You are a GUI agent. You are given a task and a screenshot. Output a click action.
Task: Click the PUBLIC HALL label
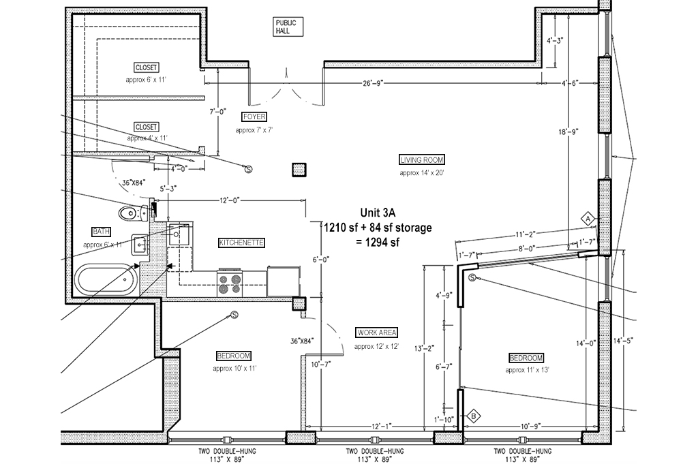click(x=285, y=27)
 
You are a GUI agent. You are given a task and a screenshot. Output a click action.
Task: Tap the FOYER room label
click(x=254, y=117)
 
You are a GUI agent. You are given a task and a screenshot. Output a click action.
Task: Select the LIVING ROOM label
click(x=422, y=160)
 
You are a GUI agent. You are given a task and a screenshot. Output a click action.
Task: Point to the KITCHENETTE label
click(x=241, y=243)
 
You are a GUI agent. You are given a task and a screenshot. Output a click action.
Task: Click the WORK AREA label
click(x=376, y=333)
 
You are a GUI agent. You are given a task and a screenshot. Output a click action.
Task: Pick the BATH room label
click(x=102, y=232)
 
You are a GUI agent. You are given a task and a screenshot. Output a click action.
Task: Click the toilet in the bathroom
click(x=132, y=213)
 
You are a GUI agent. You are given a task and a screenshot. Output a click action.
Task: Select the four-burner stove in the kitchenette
click(x=232, y=282)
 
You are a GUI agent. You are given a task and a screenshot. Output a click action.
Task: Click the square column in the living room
click(x=298, y=170)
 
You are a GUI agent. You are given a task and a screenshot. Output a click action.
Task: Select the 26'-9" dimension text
click(x=373, y=83)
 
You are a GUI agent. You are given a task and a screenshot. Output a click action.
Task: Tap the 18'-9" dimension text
click(x=568, y=133)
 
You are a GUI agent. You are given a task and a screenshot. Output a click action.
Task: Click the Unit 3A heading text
click(x=377, y=213)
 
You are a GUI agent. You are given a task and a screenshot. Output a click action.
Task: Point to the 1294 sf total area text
click(x=377, y=243)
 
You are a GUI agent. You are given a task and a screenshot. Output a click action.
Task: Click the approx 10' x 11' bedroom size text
click(x=234, y=368)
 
